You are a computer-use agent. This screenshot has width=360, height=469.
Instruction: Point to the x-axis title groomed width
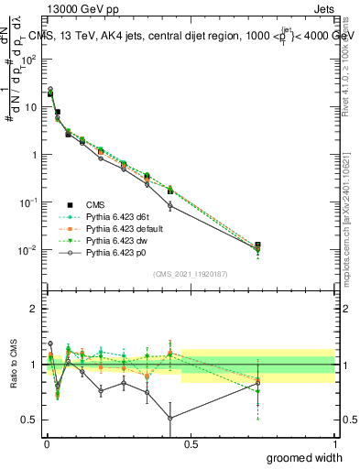pyautogui.click(x=303, y=456)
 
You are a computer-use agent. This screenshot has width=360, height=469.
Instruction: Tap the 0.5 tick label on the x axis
pyautogui.click(x=191, y=443)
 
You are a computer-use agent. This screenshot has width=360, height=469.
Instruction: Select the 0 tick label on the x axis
pyautogui.click(x=47, y=443)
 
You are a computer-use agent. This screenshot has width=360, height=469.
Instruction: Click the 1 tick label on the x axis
pyautogui.click(x=334, y=443)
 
